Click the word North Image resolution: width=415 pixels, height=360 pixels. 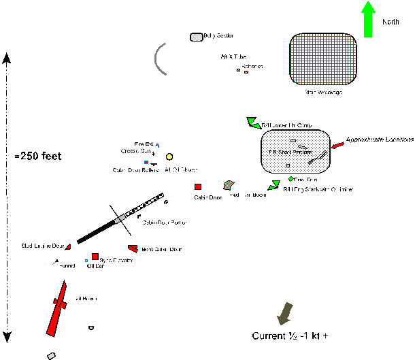[391, 22]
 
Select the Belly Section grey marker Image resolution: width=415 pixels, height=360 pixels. [196, 37]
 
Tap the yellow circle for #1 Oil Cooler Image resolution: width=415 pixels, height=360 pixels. [169, 157]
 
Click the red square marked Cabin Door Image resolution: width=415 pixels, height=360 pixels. [198, 186]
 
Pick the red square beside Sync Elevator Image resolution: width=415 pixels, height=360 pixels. [95, 257]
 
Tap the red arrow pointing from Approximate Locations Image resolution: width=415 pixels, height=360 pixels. [337, 146]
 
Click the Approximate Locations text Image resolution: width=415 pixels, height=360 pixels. [379, 139]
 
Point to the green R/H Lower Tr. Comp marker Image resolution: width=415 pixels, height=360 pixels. [252, 122]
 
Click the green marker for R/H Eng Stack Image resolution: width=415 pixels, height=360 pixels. [275, 184]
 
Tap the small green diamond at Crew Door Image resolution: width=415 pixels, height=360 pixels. [291, 179]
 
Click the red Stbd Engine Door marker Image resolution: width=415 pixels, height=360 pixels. [69, 246]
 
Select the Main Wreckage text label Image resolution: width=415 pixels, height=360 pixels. [323, 92]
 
